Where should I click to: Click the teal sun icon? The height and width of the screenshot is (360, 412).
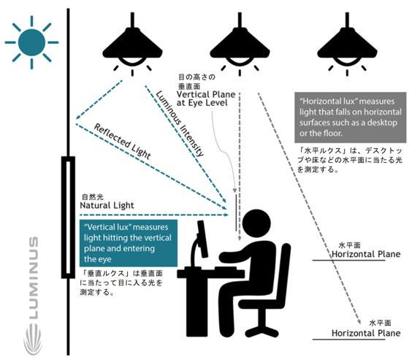coord(31,42)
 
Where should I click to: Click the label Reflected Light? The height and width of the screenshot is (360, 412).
coord(123,141)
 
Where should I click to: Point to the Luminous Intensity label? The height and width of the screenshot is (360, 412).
coord(180,123)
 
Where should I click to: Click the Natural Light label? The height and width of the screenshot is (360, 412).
coord(107,205)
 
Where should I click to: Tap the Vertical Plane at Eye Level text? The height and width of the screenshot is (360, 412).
coord(206,99)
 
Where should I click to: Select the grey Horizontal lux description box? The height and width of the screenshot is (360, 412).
coord(350,118)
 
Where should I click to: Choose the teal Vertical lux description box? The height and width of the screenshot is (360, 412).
coord(129,243)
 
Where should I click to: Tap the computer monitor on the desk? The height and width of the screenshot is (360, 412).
coord(202,239)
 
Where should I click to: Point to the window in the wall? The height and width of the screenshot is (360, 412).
coord(68,217)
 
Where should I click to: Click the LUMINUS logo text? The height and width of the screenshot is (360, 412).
coord(34,277)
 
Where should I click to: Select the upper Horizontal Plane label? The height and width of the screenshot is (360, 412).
coord(366,254)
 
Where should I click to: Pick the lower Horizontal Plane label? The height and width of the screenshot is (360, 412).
coord(366,333)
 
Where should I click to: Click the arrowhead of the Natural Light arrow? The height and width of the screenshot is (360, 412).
coord(226,215)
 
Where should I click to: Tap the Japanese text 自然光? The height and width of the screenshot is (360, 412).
coord(93,197)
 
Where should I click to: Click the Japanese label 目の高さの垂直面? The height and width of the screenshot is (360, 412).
coord(197,82)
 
